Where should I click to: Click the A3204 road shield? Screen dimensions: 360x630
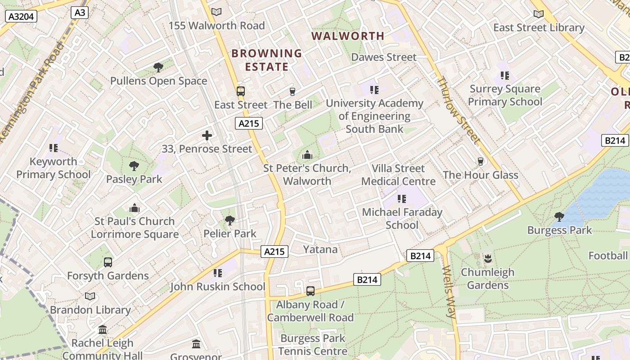21,17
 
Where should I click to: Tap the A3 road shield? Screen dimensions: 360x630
79,12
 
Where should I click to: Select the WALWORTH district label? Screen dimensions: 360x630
348,36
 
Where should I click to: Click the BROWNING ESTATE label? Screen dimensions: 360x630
266,60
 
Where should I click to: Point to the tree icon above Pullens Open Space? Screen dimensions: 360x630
158,67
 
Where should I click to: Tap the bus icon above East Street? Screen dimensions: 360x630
241,91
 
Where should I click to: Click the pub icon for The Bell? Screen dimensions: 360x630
292,92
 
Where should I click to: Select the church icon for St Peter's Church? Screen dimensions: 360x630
307,155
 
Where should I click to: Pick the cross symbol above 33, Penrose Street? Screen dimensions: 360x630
207,135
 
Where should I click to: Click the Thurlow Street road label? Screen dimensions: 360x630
458,110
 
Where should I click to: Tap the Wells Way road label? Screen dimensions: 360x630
450,292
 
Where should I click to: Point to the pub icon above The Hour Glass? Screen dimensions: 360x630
481,162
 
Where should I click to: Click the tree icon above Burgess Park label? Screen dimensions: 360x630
559,217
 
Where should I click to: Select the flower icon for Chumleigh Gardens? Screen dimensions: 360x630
488,259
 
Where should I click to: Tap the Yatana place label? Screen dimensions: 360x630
320,249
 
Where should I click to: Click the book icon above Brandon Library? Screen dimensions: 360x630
90,297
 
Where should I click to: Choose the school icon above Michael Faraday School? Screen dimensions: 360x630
402,199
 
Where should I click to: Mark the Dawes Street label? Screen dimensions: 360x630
384,57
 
